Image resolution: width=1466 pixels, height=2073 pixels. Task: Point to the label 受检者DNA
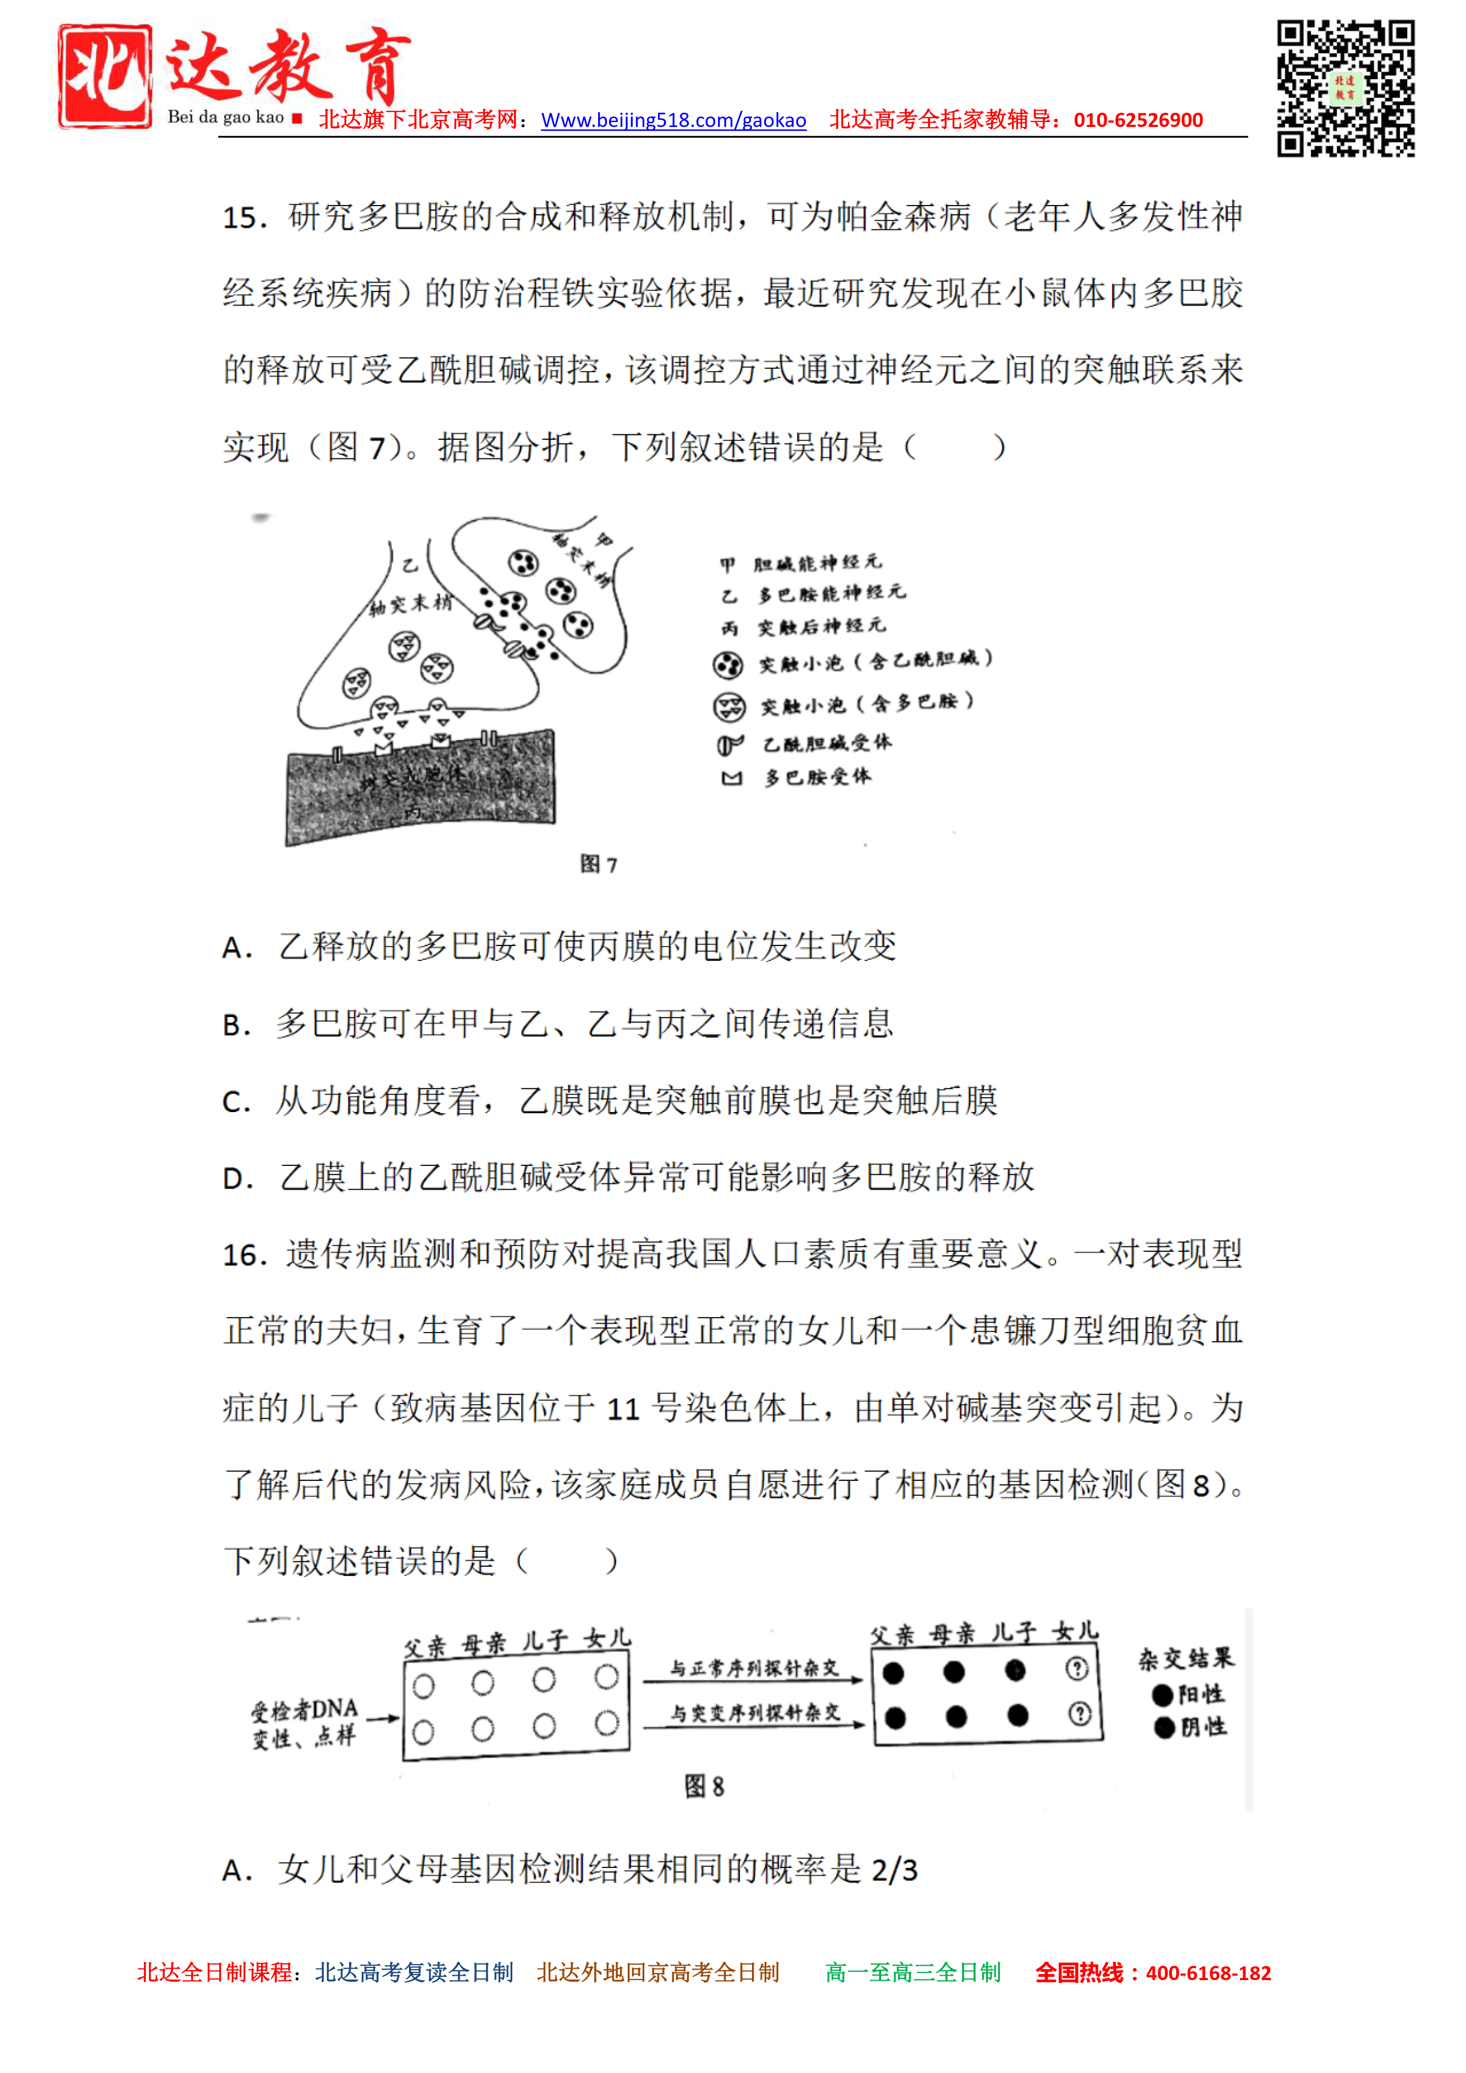[305, 1709]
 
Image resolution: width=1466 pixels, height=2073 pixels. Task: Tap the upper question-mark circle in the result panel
[1077, 1668]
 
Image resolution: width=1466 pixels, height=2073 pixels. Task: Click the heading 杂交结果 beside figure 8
[1185, 1659]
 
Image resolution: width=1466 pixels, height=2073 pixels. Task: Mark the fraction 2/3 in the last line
[894, 1870]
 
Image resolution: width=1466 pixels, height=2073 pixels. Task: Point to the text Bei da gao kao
[226, 118]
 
